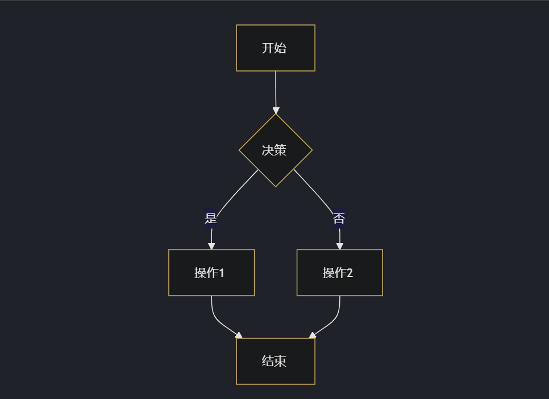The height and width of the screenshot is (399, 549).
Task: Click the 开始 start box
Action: (276, 48)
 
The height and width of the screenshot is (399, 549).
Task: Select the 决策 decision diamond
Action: (276, 150)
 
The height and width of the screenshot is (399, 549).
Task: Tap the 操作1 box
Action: (211, 273)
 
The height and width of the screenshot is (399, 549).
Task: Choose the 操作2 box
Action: (340, 273)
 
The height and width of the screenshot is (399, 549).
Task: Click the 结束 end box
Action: (276, 362)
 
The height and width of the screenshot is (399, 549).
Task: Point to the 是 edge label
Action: (211, 219)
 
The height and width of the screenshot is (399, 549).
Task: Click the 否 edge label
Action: (339, 219)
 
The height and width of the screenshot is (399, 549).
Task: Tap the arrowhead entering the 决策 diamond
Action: (276, 111)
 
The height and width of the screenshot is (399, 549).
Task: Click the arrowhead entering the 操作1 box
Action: (211, 246)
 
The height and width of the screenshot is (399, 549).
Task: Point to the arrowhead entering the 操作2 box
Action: (340, 246)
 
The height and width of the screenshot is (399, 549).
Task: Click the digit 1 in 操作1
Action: (222, 273)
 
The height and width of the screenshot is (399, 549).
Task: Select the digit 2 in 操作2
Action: (350, 273)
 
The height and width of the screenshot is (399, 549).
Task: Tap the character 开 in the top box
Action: (268, 48)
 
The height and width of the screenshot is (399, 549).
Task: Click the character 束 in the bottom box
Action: (280, 362)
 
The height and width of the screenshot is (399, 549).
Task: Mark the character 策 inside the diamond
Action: (280, 150)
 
